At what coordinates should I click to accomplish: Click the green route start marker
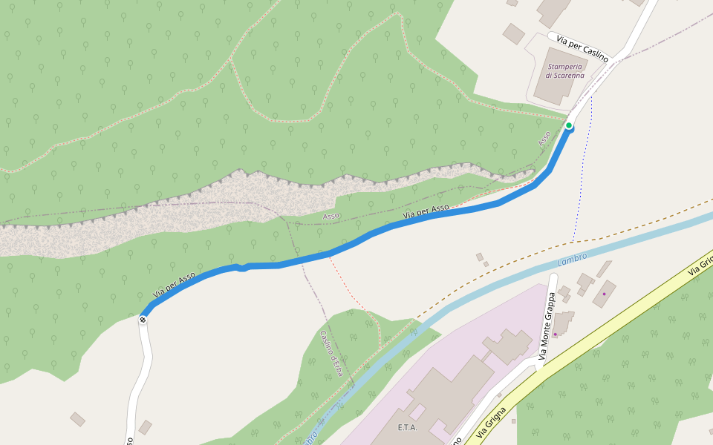569,125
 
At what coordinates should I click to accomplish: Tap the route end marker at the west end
143,320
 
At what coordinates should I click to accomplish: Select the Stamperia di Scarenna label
564,70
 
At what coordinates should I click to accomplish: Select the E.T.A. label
408,428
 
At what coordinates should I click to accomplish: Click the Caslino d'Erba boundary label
331,353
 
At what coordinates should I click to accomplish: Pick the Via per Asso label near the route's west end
174,285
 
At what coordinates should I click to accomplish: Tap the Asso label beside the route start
545,138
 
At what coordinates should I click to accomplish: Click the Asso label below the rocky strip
331,216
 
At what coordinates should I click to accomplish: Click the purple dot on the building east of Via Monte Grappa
604,294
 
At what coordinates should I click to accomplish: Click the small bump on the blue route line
243,267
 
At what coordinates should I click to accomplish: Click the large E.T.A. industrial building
446,393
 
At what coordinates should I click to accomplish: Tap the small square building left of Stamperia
513,33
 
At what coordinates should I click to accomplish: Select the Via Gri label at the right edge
701,265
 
